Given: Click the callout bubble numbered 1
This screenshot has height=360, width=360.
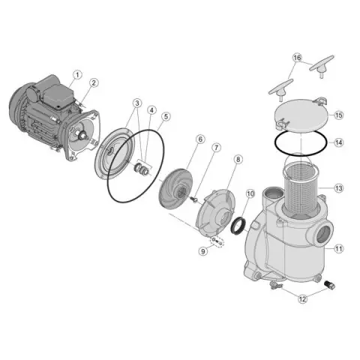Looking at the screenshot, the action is pyautogui.click(x=78, y=75).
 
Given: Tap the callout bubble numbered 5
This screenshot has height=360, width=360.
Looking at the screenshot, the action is pyautogui.click(x=166, y=116).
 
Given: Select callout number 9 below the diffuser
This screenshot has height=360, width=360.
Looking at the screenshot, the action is pyautogui.click(x=203, y=251).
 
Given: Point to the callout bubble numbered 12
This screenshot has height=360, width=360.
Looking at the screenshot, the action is pyautogui.click(x=303, y=298).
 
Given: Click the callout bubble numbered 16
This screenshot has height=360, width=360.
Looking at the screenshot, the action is pyautogui.click(x=297, y=58).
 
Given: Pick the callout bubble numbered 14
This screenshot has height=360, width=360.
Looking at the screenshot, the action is pyautogui.click(x=339, y=142).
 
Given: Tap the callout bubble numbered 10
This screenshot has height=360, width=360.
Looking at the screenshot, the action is pyautogui.click(x=250, y=193).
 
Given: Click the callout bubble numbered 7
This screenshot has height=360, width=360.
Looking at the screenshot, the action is pyautogui.click(x=217, y=148).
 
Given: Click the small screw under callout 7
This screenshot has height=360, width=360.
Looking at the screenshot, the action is pyautogui.click(x=193, y=199).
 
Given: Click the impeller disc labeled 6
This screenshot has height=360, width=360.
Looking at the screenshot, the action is pyautogui.click(x=176, y=189).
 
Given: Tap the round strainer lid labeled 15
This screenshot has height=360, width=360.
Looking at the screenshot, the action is pyautogui.click(x=301, y=116).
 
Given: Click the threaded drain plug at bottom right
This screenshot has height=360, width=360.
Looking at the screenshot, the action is pyautogui.click(x=329, y=285).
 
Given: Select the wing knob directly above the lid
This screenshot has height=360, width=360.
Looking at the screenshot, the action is pyautogui.click(x=280, y=90).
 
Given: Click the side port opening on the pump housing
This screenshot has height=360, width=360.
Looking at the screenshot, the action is pyautogui.click(x=324, y=232).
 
